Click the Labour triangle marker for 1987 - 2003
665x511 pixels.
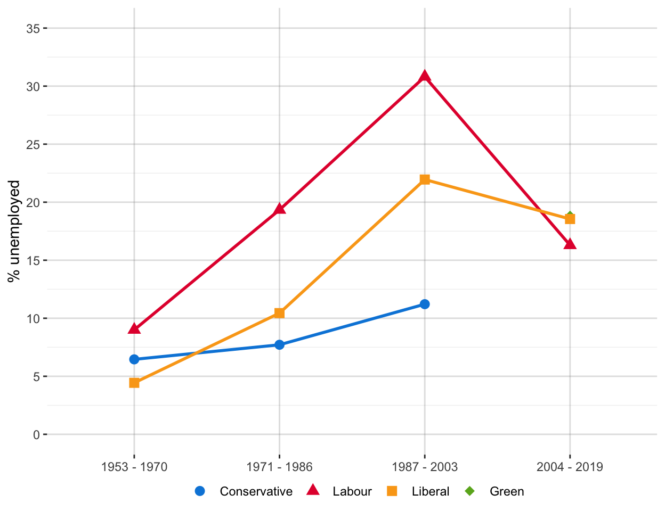click(425, 77)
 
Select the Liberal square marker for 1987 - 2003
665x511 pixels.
click(425, 179)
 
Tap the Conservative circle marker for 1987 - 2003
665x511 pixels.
click(425, 304)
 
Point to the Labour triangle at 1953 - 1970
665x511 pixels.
click(134, 329)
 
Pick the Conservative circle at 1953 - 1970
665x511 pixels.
click(134, 359)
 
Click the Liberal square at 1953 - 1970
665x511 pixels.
click(134, 383)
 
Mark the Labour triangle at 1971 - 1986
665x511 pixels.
click(279, 209)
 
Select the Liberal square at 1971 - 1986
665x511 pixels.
click(279, 313)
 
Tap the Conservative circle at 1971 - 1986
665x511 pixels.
click(279, 345)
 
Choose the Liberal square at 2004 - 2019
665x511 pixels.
click(570, 219)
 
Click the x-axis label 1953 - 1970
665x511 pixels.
click(134, 467)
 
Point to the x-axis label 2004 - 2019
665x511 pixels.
click(570, 467)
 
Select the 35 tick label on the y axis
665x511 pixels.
click(33, 29)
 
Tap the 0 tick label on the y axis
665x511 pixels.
click(36, 435)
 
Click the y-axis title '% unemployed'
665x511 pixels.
click(14, 231)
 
